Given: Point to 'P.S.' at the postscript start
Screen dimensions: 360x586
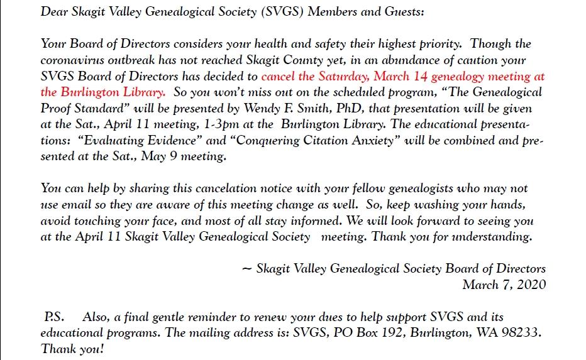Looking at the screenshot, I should pos(53,317).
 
